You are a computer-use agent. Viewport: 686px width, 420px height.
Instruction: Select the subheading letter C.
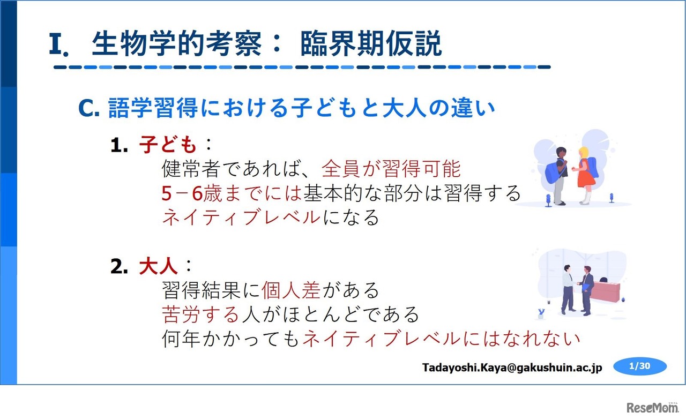click(89, 109)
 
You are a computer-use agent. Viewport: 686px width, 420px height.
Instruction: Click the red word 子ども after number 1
click(168, 145)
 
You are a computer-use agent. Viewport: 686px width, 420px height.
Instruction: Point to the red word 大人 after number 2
click(158, 266)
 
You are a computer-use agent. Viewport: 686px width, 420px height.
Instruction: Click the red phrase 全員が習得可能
click(391, 169)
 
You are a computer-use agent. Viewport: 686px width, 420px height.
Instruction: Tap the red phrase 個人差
click(291, 290)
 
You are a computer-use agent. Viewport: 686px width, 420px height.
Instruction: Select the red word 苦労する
click(200, 314)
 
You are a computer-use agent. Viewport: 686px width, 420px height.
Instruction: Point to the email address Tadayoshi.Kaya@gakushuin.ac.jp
click(512, 367)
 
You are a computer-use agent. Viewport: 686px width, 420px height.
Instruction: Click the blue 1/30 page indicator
click(640, 366)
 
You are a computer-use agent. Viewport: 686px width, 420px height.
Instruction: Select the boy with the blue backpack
click(557, 174)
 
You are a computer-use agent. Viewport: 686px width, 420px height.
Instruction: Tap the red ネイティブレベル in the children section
click(241, 217)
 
